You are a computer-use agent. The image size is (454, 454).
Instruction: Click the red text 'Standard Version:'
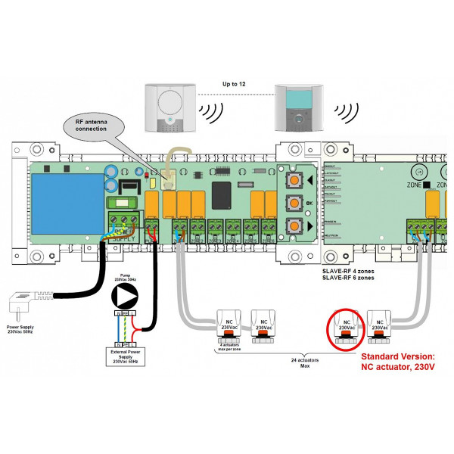397,356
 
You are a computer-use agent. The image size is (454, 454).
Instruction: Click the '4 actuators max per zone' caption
230,347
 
